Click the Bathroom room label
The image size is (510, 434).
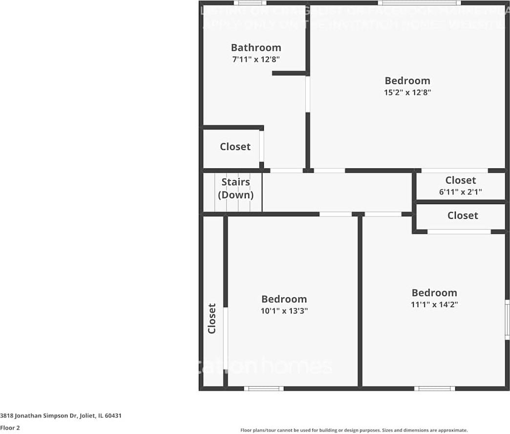click(x=256, y=47)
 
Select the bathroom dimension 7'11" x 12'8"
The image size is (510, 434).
click(x=256, y=60)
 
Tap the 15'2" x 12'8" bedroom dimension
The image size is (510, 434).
click(x=407, y=92)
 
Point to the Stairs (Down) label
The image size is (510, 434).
click(x=235, y=188)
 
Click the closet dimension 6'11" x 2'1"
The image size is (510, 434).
click(x=460, y=192)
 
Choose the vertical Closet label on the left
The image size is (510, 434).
click(x=212, y=318)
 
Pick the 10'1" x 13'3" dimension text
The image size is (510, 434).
click(x=284, y=310)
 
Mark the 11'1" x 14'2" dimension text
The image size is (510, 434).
click(x=434, y=304)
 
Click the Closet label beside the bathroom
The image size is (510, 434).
click(x=235, y=146)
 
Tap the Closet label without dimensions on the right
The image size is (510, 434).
click(x=463, y=215)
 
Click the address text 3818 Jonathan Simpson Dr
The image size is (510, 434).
click(x=61, y=416)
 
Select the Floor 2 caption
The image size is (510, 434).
click(x=10, y=428)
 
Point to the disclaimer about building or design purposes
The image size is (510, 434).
click(x=354, y=430)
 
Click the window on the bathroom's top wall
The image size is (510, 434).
click(x=250, y=3)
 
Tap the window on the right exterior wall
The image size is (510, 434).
click(x=507, y=320)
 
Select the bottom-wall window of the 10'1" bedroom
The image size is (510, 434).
click(x=264, y=389)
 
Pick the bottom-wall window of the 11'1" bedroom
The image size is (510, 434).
click(x=434, y=389)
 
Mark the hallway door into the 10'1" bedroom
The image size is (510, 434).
click(x=335, y=214)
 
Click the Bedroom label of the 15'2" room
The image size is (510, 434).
click(x=407, y=81)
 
